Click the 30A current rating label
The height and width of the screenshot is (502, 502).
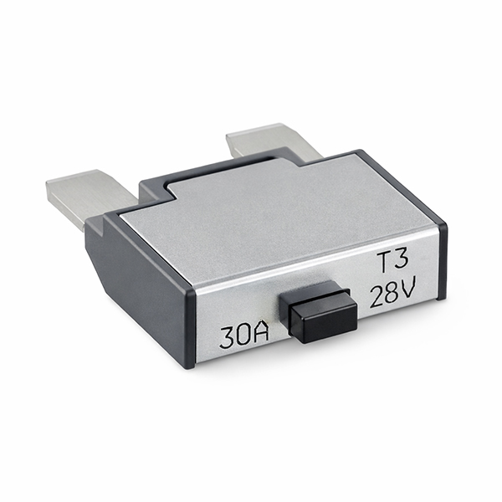[x=243, y=336]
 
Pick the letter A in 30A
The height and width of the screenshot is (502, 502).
[x=260, y=335]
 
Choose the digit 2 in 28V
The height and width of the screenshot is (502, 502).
[x=376, y=297]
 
